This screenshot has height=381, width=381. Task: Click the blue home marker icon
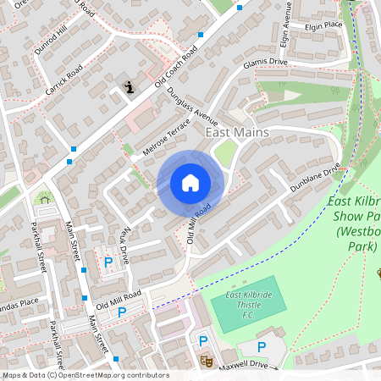[190, 183]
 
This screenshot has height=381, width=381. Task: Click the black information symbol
[130, 86]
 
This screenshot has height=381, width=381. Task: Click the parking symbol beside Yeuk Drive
[108, 262]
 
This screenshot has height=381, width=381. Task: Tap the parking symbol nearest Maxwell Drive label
[261, 346]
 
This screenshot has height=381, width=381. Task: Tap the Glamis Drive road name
[265, 63]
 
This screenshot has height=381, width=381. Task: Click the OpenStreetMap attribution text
[85, 375]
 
